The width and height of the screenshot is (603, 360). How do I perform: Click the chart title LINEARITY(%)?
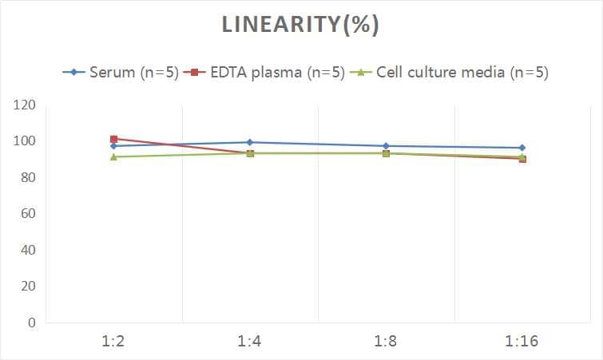point(300,25)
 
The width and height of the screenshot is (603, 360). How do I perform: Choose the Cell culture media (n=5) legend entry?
point(451,73)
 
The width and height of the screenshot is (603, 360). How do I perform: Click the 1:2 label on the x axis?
point(114,342)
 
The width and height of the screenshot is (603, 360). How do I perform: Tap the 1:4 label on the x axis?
point(250,342)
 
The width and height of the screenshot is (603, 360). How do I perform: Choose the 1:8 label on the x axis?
point(386,342)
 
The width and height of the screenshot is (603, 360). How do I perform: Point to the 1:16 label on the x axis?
point(522,342)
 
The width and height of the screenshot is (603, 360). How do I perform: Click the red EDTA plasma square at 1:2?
point(114,139)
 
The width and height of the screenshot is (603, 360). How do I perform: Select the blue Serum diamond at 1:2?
point(114,146)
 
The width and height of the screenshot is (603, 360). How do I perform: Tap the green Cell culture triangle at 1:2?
point(114,156)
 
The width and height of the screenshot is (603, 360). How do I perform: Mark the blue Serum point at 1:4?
point(250,142)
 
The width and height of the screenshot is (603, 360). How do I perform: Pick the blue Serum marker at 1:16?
point(522,148)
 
